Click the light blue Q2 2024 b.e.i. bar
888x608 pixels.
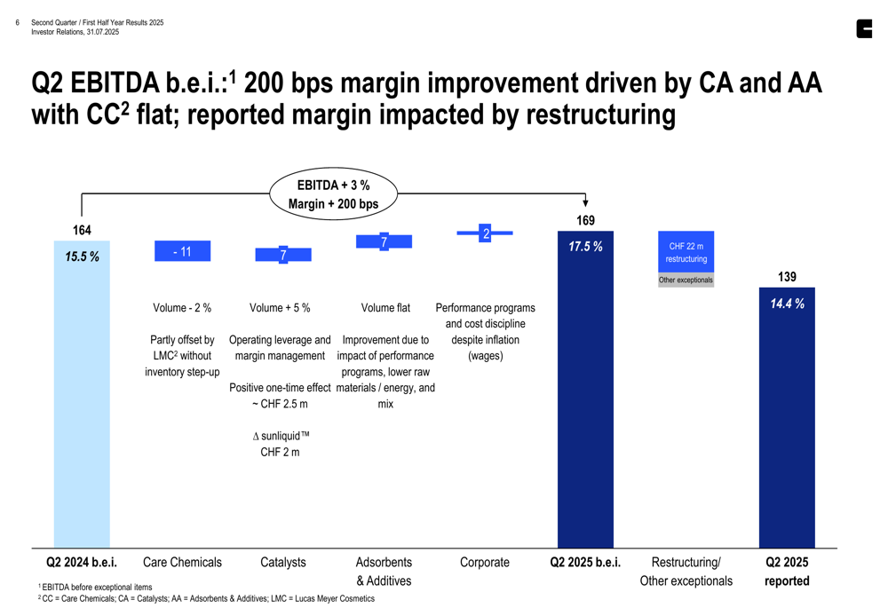point(82,399)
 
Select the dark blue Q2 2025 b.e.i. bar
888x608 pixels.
point(585,399)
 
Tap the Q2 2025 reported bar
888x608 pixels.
point(787,426)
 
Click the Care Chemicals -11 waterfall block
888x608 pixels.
point(182,251)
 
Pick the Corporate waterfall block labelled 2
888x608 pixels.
point(485,233)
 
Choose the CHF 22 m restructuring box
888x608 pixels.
point(686,252)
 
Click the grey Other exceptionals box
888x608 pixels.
point(686,280)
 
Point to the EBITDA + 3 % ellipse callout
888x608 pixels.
point(333,194)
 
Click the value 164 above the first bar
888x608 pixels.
point(82,231)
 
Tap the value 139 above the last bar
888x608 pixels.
point(787,277)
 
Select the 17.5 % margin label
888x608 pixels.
point(585,247)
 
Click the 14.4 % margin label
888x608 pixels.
point(787,304)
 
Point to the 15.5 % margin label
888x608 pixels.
point(82,257)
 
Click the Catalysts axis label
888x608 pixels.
point(283,562)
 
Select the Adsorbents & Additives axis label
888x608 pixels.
point(384,571)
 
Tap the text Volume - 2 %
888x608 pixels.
point(182,308)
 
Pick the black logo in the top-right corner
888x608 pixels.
point(864,29)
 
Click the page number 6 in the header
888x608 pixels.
point(18,22)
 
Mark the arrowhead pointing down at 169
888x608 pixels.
point(585,203)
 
